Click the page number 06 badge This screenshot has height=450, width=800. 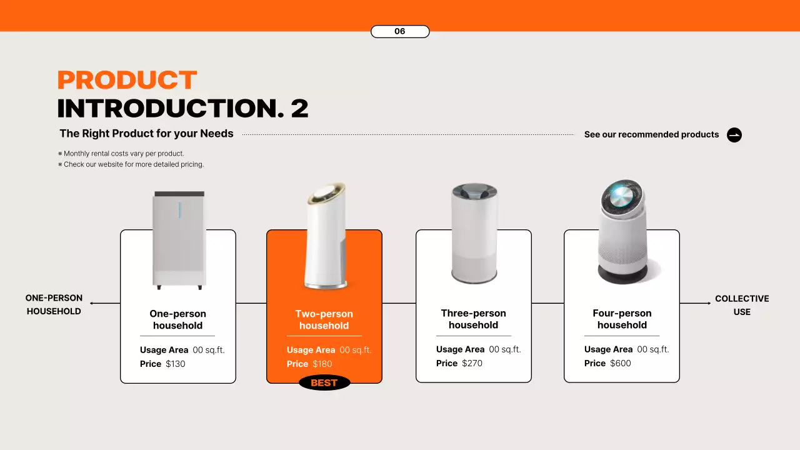pos(400,31)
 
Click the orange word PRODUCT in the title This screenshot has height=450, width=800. pos(127,81)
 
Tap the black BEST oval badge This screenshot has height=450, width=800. pos(324,383)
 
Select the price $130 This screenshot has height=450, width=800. pos(175,364)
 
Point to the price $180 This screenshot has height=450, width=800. pos(322,364)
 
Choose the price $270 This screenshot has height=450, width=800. pos(472,363)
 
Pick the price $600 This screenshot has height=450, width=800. pos(621,363)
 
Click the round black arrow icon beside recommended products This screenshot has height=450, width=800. pos(734,135)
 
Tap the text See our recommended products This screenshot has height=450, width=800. pos(651,134)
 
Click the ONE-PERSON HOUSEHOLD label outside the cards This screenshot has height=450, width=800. pos(54,304)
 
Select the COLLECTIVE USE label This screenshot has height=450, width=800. pos(742,305)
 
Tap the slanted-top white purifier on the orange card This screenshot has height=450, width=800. pos(326,237)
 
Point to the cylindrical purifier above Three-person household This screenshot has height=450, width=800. pos(474,233)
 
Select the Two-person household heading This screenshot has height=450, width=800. pos(324,319)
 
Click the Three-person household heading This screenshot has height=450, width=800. pos(473,319)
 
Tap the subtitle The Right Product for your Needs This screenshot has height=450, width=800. pos(146,134)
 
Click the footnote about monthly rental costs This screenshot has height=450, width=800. pos(124,154)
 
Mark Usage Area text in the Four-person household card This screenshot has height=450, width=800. pos(608,349)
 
